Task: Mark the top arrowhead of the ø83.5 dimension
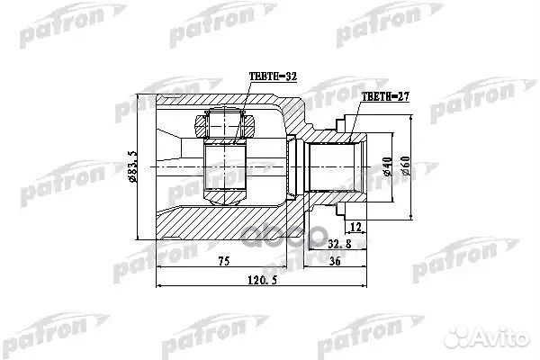pos(142,96)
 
